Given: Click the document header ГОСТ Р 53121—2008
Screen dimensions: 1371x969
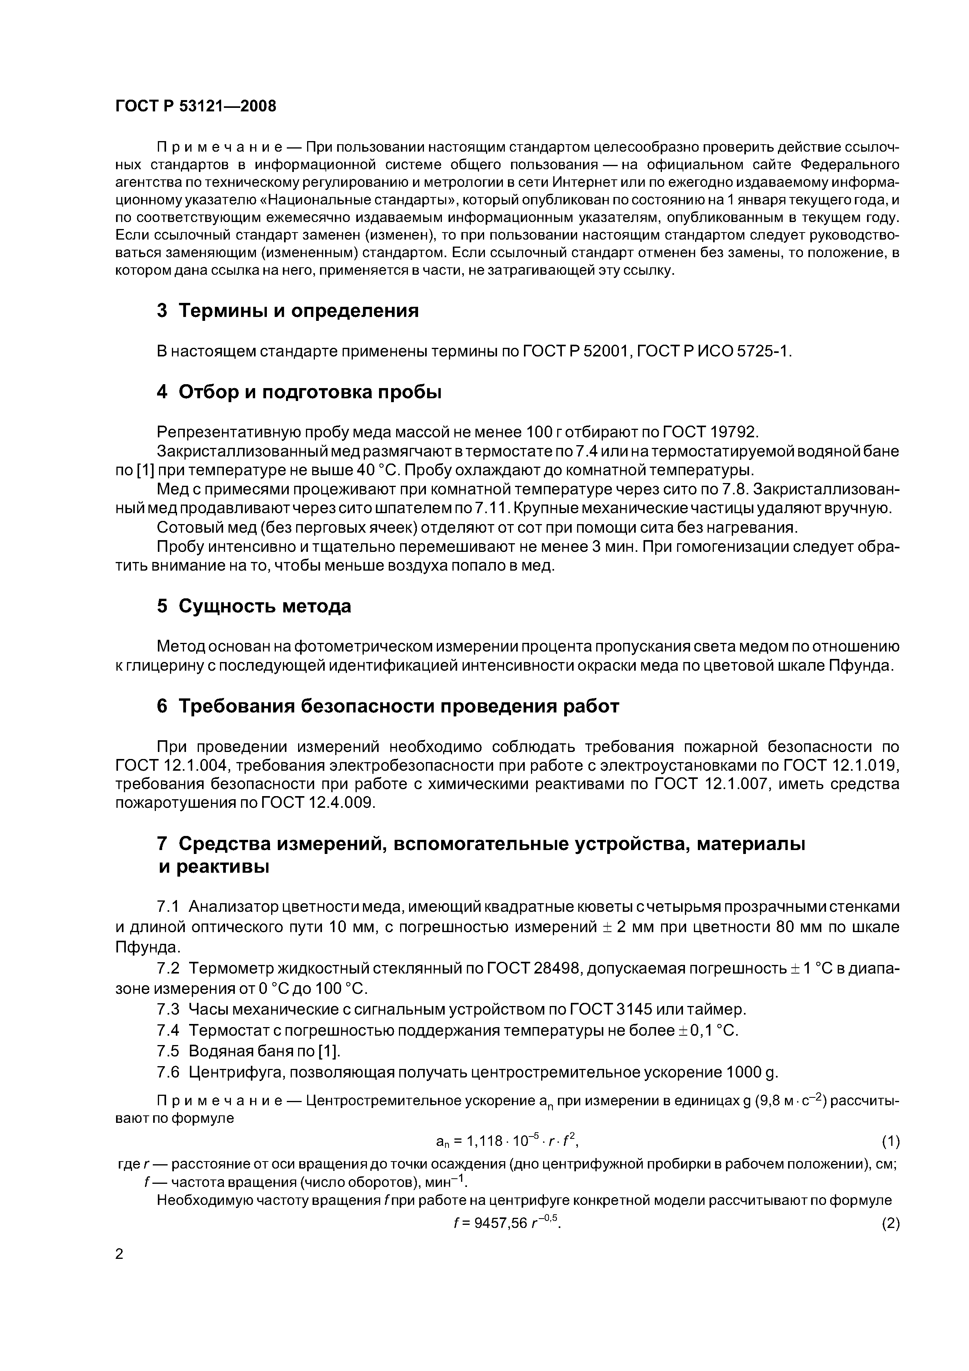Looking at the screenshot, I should click(x=195, y=106).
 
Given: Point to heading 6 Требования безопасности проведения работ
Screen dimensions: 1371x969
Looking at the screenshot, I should click(x=388, y=706).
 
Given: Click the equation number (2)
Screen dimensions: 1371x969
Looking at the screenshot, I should click(x=890, y=1224).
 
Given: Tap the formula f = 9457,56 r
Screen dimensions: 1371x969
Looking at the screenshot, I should click(x=508, y=1223).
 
